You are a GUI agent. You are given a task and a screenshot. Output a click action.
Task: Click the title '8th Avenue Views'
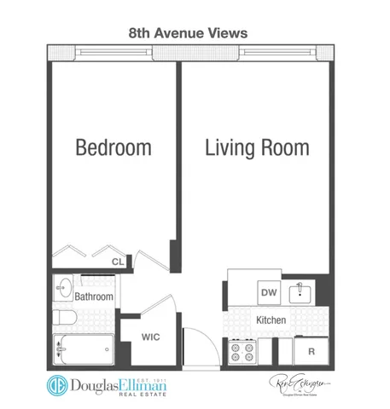point(188,32)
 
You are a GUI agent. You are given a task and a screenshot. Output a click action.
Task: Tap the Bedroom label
point(114,147)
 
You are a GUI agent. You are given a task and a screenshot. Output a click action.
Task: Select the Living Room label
point(256,147)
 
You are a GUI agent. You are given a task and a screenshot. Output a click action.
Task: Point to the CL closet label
point(119,262)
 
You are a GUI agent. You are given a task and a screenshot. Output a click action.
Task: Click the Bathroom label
point(94,297)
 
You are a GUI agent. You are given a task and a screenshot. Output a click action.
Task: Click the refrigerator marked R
point(311,349)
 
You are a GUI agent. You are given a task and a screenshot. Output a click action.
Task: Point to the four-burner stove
point(242,349)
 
